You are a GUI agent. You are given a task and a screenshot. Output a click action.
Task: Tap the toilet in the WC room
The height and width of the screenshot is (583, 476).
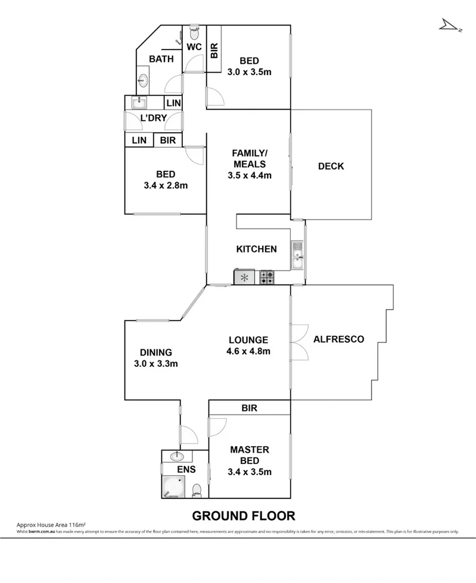(x=194, y=30)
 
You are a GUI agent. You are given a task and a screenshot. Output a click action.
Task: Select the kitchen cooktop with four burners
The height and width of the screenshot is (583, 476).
(x=266, y=277)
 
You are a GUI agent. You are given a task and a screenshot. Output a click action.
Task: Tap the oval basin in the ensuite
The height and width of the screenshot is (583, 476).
(x=178, y=457)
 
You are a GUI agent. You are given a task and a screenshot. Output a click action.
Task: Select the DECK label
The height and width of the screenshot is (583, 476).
(x=331, y=166)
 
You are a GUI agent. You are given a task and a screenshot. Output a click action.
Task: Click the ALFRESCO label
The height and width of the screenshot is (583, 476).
(x=338, y=339)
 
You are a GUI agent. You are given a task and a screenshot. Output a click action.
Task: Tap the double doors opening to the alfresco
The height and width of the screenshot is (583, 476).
(x=298, y=342)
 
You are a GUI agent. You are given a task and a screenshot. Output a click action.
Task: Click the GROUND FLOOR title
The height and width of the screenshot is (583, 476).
(x=243, y=515)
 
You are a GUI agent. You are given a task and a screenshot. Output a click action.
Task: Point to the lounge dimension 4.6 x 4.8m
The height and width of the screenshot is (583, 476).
(x=248, y=351)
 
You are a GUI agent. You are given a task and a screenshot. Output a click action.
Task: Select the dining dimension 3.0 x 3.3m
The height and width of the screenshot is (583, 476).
(x=157, y=363)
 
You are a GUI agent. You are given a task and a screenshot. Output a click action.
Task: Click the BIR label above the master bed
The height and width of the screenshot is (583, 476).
(x=249, y=409)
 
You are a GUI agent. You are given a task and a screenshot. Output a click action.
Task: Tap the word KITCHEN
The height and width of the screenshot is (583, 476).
(x=256, y=249)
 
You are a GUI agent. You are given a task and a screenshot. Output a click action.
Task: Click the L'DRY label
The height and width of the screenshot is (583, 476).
(x=153, y=118)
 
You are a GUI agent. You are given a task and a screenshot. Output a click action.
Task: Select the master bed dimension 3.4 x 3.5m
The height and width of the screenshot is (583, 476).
(x=250, y=472)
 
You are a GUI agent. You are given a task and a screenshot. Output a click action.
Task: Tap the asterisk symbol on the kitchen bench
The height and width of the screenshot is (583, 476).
(x=244, y=277)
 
